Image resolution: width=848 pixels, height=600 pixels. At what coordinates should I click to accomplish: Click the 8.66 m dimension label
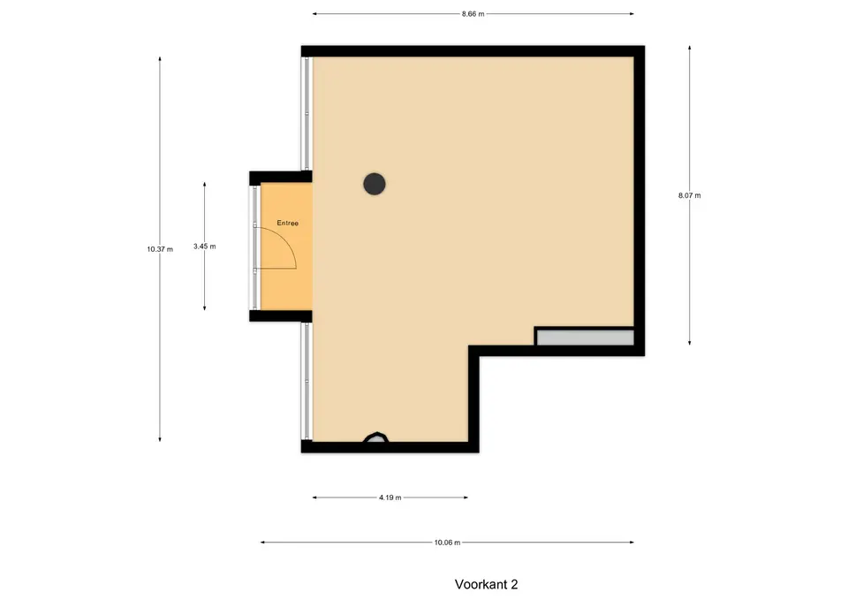click(x=473, y=14)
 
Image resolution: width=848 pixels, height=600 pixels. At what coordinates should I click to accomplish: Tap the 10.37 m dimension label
click(x=160, y=249)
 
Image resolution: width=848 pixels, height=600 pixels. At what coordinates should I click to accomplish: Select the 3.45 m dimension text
click(x=204, y=247)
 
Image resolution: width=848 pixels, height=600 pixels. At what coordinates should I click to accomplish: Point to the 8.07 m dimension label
click(x=690, y=195)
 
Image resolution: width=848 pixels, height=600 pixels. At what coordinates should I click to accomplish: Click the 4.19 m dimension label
click(x=390, y=497)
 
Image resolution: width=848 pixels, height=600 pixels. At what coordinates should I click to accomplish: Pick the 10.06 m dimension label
click(x=447, y=542)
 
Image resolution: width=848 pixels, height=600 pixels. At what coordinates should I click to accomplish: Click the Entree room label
click(x=288, y=223)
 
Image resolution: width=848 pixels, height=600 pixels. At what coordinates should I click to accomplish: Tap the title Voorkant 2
click(x=486, y=584)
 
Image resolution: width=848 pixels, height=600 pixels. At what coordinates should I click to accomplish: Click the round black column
click(x=375, y=184)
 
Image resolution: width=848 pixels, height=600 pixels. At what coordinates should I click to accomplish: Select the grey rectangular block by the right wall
click(x=585, y=338)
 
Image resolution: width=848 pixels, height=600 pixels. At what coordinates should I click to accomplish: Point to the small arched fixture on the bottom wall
click(x=375, y=437)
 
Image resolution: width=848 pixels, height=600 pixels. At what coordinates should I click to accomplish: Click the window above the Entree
click(x=307, y=114)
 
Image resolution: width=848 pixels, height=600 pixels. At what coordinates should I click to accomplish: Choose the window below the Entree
click(x=307, y=381)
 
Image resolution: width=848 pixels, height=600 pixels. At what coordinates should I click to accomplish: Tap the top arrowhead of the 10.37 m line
click(x=160, y=58)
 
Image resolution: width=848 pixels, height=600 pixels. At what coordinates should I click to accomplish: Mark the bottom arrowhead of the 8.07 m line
click(x=690, y=343)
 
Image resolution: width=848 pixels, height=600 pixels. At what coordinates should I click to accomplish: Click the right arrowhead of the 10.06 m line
click(x=632, y=542)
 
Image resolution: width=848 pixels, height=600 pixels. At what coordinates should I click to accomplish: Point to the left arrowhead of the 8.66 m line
click(x=314, y=14)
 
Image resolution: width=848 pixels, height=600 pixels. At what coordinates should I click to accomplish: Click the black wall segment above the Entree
click(x=281, y=177)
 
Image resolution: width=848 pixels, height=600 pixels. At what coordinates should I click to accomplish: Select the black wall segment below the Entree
click(x=281, y=316)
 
